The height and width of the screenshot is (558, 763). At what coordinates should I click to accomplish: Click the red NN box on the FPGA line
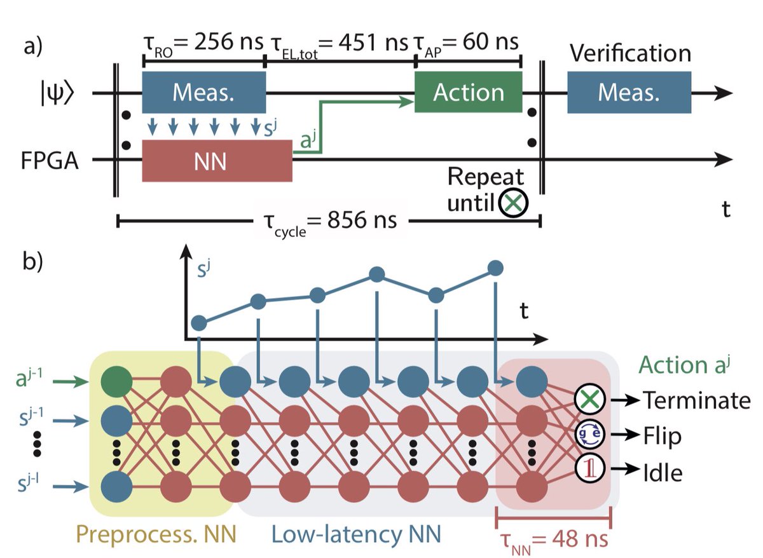[217, 161]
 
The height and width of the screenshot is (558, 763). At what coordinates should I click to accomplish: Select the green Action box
[468, 93]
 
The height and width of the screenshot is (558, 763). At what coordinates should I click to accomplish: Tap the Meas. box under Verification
[628, 93]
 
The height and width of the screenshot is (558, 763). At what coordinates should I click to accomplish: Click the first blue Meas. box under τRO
[203, 93]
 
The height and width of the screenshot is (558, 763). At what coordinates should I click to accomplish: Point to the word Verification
[630, 53]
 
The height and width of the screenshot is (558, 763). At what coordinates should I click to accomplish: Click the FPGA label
[48, 161]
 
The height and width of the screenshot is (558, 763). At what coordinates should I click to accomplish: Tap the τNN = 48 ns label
[553, 540]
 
